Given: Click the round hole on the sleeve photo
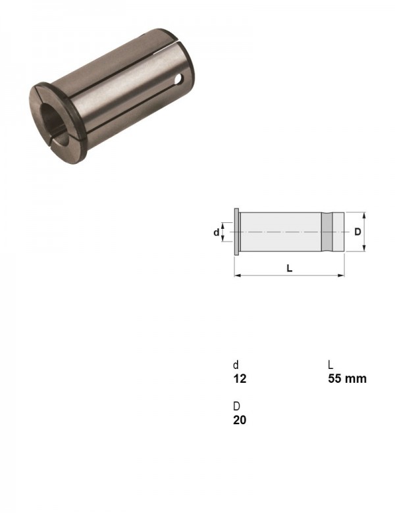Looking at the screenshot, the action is coord(178,78).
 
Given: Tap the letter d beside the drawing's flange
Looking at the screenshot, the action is coord(216,232).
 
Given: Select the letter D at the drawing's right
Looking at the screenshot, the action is coord(357,232).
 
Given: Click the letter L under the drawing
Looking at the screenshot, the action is coord(289,268).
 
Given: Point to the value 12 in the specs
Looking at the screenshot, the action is coord(240,379).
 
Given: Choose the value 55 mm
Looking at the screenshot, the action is coord(347,379).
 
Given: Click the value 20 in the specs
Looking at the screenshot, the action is coord(240,420).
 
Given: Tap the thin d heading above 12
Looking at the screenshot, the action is coord(236,364).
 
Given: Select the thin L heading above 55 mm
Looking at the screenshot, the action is coord(330,364).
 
